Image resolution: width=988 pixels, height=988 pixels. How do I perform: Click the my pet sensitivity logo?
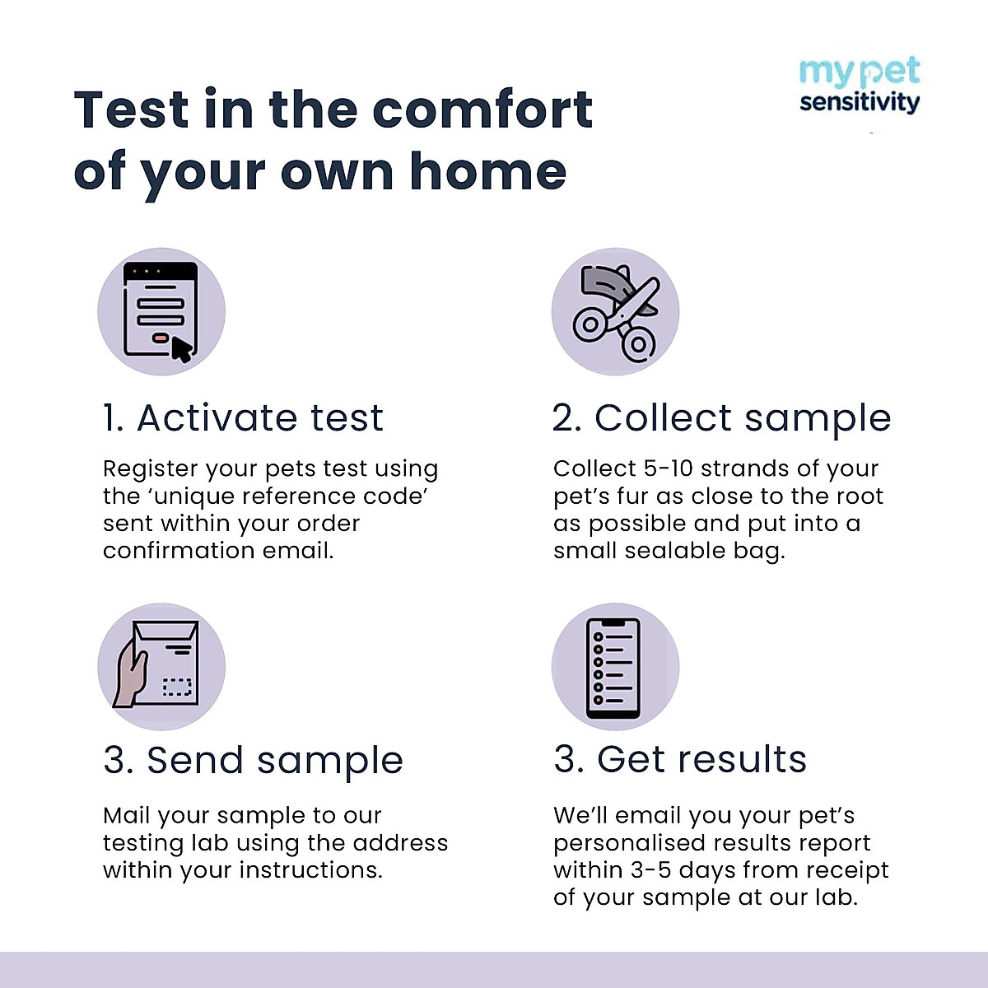click(859, 86)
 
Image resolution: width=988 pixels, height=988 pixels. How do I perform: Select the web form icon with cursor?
click(161, 312)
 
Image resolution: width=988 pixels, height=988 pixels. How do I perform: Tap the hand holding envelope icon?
click(161, 666)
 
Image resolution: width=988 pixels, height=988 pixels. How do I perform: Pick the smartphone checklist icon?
click(614, 666)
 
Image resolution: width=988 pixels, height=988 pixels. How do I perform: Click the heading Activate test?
click(244, 417)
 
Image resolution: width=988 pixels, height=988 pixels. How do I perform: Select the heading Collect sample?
click(721, 417)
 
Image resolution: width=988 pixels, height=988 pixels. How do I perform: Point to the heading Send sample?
click(254, 760)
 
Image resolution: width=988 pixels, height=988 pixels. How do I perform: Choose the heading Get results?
click(680, 759)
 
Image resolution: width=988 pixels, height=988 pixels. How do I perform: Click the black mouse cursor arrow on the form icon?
click(181, 349)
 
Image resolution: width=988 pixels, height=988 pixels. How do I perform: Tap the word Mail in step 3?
click(126, 815)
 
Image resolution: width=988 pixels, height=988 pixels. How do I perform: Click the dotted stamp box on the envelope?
click(176, 687)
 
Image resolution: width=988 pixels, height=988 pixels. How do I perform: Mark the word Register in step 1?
click(151, 469)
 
